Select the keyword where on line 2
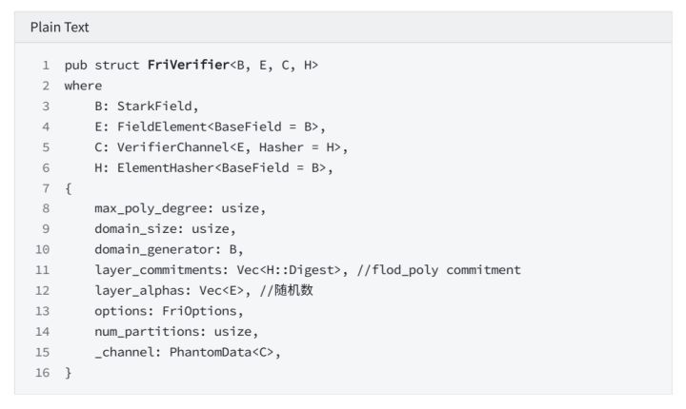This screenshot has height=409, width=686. click(x=83, y=86)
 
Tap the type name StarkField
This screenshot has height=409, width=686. click(x=157, y=106)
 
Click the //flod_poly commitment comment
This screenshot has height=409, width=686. click(x=439, y=270)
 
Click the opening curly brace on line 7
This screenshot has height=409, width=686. click(x=69, y=188)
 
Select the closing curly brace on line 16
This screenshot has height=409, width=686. click(x=69, y=373)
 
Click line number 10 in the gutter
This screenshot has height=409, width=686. click(x=43, y=249)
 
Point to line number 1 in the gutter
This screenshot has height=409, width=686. click(x=46, y=65)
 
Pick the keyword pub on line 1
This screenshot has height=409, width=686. click(x=75, y=65)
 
